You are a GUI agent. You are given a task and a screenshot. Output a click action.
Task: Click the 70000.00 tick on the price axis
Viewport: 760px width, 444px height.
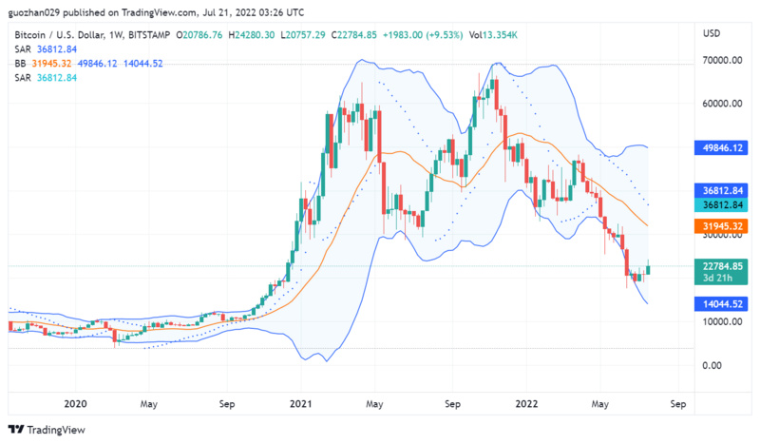click(x=722, y=59)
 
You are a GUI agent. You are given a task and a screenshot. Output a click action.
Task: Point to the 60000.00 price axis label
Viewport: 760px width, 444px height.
click(x=722, y=103)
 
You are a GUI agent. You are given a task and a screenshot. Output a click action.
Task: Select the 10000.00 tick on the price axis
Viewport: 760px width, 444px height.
click(x=722, y=321)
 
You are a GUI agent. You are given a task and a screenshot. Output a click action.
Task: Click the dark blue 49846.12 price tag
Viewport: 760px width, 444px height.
click(x=722, y=147)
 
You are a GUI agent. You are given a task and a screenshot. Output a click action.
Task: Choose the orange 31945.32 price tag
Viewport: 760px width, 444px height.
click(x=722, y=226)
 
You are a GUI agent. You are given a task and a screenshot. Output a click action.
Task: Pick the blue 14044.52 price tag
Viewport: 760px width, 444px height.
click(x=722, y=304)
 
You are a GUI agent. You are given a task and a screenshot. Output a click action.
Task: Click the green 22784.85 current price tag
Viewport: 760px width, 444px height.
click(x=722, y=266)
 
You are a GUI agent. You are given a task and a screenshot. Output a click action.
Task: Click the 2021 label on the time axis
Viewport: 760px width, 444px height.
click(x=300, y=403)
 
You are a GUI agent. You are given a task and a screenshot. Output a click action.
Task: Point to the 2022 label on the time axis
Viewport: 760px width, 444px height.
click(x=528, y=403)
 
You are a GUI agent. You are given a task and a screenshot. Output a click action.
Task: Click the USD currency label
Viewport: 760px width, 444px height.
click(x=712, y=33)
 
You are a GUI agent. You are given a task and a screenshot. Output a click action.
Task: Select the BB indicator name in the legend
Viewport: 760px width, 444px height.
click(x=20, y=63)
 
